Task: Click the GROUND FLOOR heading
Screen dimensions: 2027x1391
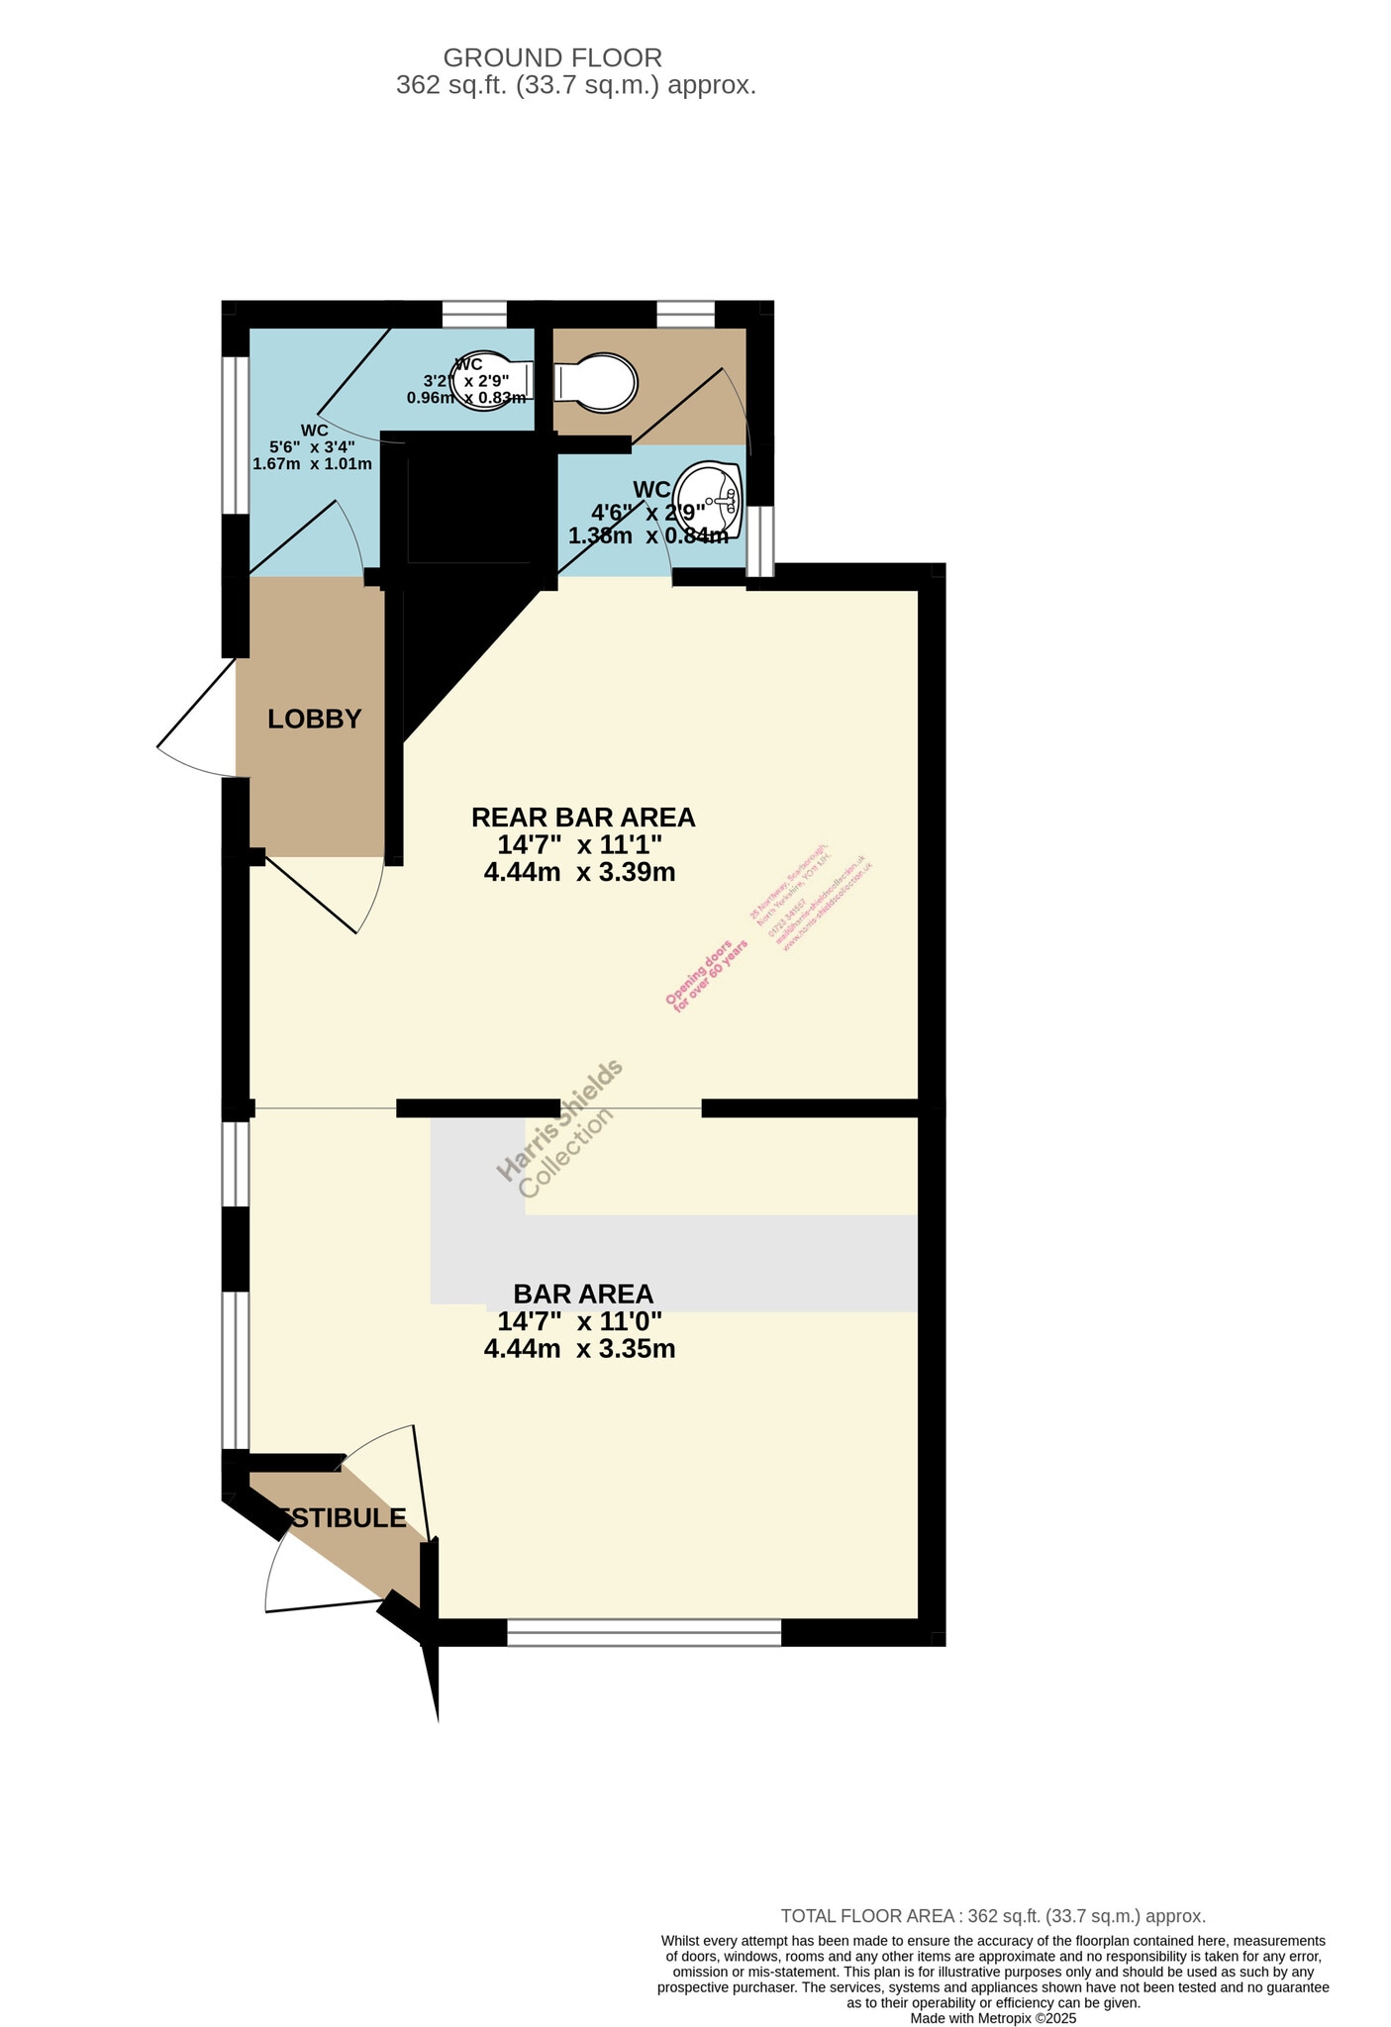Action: click(x=552, y=57)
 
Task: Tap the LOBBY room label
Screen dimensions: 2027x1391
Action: click(x=314, y=720)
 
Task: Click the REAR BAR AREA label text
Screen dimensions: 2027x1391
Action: click(x=582, y=818)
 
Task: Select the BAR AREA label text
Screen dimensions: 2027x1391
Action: click(x=582, y=1294)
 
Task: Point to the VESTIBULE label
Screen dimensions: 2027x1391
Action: click(x=342, y=1518)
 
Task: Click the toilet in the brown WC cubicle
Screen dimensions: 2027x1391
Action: click(x=594, y=383)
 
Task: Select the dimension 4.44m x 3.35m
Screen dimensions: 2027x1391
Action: click(x=579, y=1349)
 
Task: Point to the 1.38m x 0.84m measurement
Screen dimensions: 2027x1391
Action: click(x=647, y=536)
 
